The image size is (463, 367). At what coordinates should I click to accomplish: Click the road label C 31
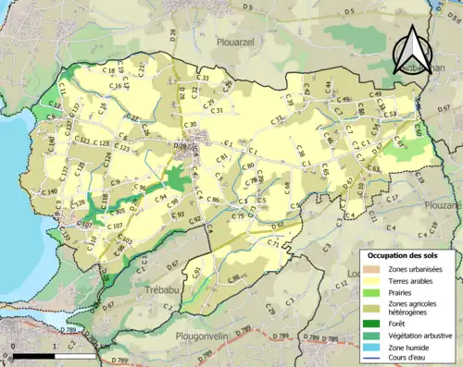coord(218,111)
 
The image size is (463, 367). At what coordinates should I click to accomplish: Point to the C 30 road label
coord(190,125)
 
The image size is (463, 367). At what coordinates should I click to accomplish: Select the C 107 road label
coord(115,226)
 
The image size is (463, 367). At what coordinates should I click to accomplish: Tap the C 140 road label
coord(49,191)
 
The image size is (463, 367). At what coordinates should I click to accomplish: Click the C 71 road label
coord(272,243)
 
